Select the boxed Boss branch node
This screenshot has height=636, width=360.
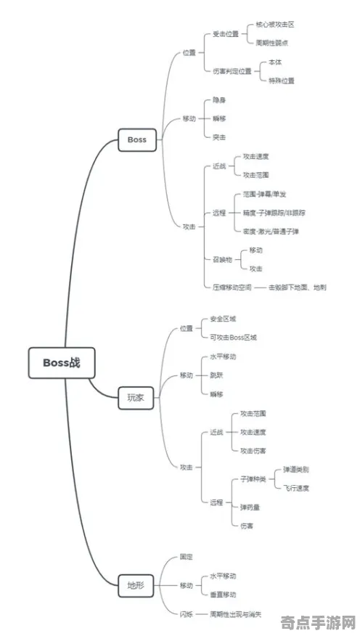pos(136,139)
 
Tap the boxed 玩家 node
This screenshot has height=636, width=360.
pos(136,397)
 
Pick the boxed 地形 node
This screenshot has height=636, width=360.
pos(136,584)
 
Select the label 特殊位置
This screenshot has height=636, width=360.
pos(281,81)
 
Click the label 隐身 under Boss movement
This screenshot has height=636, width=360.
pos(218,100)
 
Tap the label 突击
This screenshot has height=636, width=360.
pos(218,136)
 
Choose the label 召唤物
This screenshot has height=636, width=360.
pos(222,258)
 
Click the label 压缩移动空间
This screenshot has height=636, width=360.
pos(232,288)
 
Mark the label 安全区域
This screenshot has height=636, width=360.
pos(223,319)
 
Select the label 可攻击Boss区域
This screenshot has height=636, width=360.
pos(233,338)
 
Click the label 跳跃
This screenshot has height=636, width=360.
pos(216,375)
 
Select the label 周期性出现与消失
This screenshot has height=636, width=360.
pos(236,614)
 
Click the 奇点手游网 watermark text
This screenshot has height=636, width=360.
pos(318,624)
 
